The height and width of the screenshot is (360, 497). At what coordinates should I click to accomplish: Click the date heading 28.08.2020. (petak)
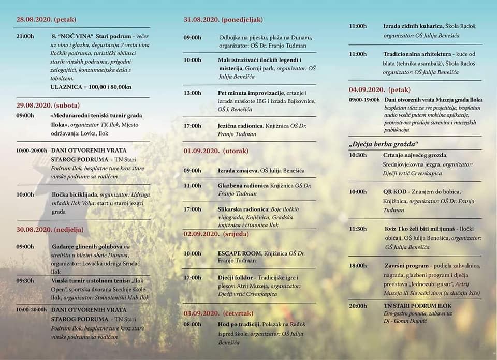[x=46, y=20]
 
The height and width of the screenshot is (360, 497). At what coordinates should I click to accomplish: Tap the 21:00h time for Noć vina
[x=25, y=36]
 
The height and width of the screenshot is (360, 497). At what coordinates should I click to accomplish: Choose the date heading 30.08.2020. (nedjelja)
[x=50, y=229]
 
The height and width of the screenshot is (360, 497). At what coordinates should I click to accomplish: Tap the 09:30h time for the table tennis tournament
[x=25, y=281]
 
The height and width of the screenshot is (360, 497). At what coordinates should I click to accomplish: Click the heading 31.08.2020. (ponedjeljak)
[x=223, y=20]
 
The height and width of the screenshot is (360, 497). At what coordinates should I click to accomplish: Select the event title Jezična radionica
[x=240, y=126]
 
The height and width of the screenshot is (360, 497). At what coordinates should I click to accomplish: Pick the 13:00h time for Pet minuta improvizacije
[x=193, y=93]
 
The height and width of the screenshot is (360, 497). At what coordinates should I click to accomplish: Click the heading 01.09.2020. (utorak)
[x=216, y=151]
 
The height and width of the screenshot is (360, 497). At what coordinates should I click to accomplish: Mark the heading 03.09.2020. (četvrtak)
[x=217, y=313]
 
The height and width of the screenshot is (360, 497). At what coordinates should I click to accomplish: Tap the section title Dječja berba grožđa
[x=383, y=143]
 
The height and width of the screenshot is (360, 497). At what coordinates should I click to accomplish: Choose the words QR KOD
[x=394, y=191]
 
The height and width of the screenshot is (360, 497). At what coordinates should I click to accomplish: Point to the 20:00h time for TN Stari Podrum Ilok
[x=358, y=306]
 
